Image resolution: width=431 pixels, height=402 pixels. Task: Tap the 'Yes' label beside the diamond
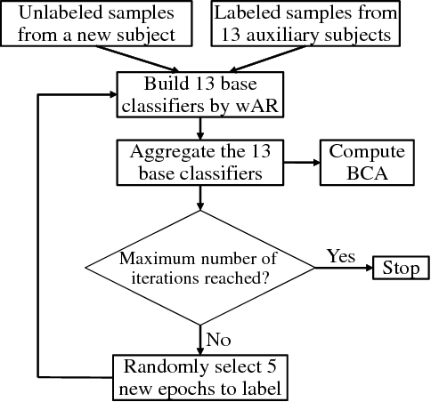point(341,256)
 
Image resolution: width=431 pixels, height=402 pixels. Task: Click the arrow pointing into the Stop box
point(360,267)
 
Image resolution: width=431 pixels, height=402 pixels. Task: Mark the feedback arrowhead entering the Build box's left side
point(113,94)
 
